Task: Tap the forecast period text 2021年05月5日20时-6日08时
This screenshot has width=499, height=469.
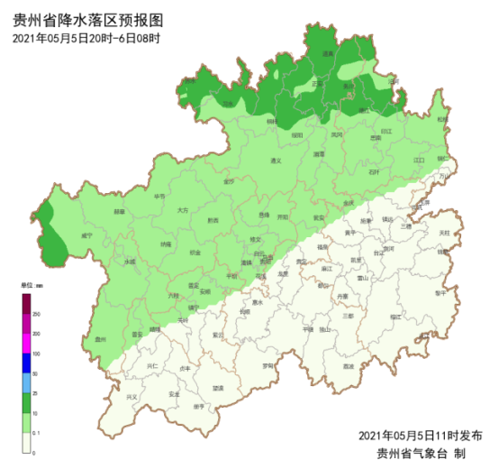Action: pyautogui.click(x=86, y=38)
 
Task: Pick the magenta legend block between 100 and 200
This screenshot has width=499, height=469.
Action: pyautogui.click(x=27, y=343)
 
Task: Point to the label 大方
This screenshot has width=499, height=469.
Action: pyautogui.click(x=183, y=210)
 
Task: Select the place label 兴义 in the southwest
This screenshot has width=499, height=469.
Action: pyautogui.click(x=132, y=397)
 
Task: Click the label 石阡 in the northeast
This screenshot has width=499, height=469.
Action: pyautogui.click(x=374, y=170)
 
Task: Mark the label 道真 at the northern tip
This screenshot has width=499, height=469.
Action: pyautogui.click(x=328, y=55)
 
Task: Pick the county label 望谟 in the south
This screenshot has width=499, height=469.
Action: pyautogui.click(x=218, y=387)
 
